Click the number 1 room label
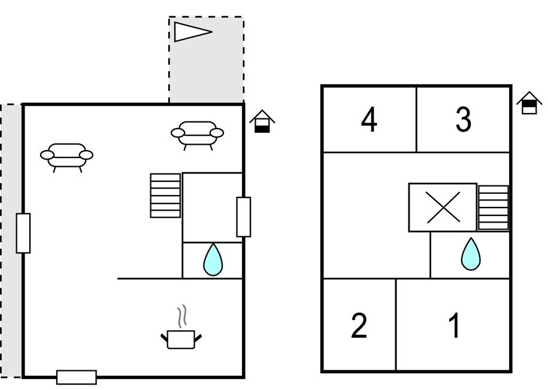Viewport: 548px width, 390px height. pyautogui.click(x=455, y=325)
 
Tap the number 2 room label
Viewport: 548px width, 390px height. pyautogui.click(x=359, y=325)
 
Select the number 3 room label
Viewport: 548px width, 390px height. pyautogui.click(x=463, y=120)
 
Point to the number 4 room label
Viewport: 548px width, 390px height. pyautogui.click(x=370, y=120)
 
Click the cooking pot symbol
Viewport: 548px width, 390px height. pyautogui.click(x=181, y=339)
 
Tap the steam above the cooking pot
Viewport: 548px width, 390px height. pyautogui.click(x=183, y=316)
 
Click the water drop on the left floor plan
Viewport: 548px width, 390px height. pyautogui.click(x=213, y=260)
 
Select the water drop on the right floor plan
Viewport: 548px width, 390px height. pyautogui.click(x=471, y=254)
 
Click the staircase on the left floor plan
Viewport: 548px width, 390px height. pyautogui.click(x=165, y=196)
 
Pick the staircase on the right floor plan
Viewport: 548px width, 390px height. pyautogui.click(x=493, y=208)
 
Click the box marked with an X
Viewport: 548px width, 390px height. pyautogui.click(x=443, y=208)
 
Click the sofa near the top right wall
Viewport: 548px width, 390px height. pyautogui.click(x=197, y=134)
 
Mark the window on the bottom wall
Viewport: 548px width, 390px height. pyautogui.click(x=77, y=377)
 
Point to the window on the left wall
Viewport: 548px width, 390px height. pyautogui.click(x=23, y=233)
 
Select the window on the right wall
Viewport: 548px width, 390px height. pyautogui.click(x=243, y=217)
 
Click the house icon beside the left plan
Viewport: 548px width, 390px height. pyautogui.click(x=262, y=121)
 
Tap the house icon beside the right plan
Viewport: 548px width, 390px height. pyautogui.click(x=529, y=103)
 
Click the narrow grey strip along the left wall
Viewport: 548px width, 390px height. pyautogui.click(x=11, y=239)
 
